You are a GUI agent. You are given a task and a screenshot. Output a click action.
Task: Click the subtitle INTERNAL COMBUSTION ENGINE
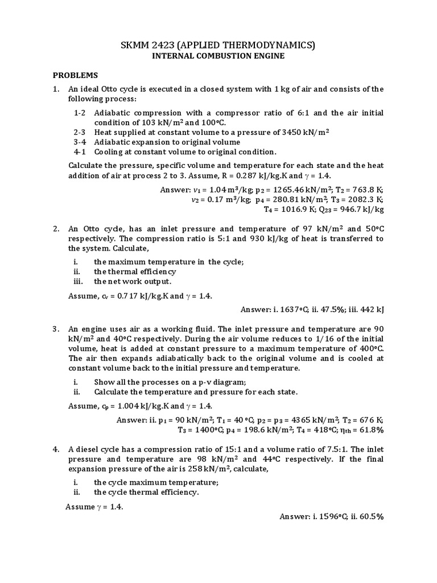(218, 56)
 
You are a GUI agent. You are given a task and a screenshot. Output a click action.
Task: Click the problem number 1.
(56, 89)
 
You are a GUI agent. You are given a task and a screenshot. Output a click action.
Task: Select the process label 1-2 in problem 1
(80, 112)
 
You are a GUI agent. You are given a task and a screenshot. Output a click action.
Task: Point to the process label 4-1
(80, 152)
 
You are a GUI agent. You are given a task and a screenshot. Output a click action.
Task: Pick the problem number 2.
(56, 229)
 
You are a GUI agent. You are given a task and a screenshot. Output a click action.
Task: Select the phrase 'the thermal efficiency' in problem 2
(127, 272)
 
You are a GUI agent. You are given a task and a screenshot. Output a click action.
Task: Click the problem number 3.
(56, 329)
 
